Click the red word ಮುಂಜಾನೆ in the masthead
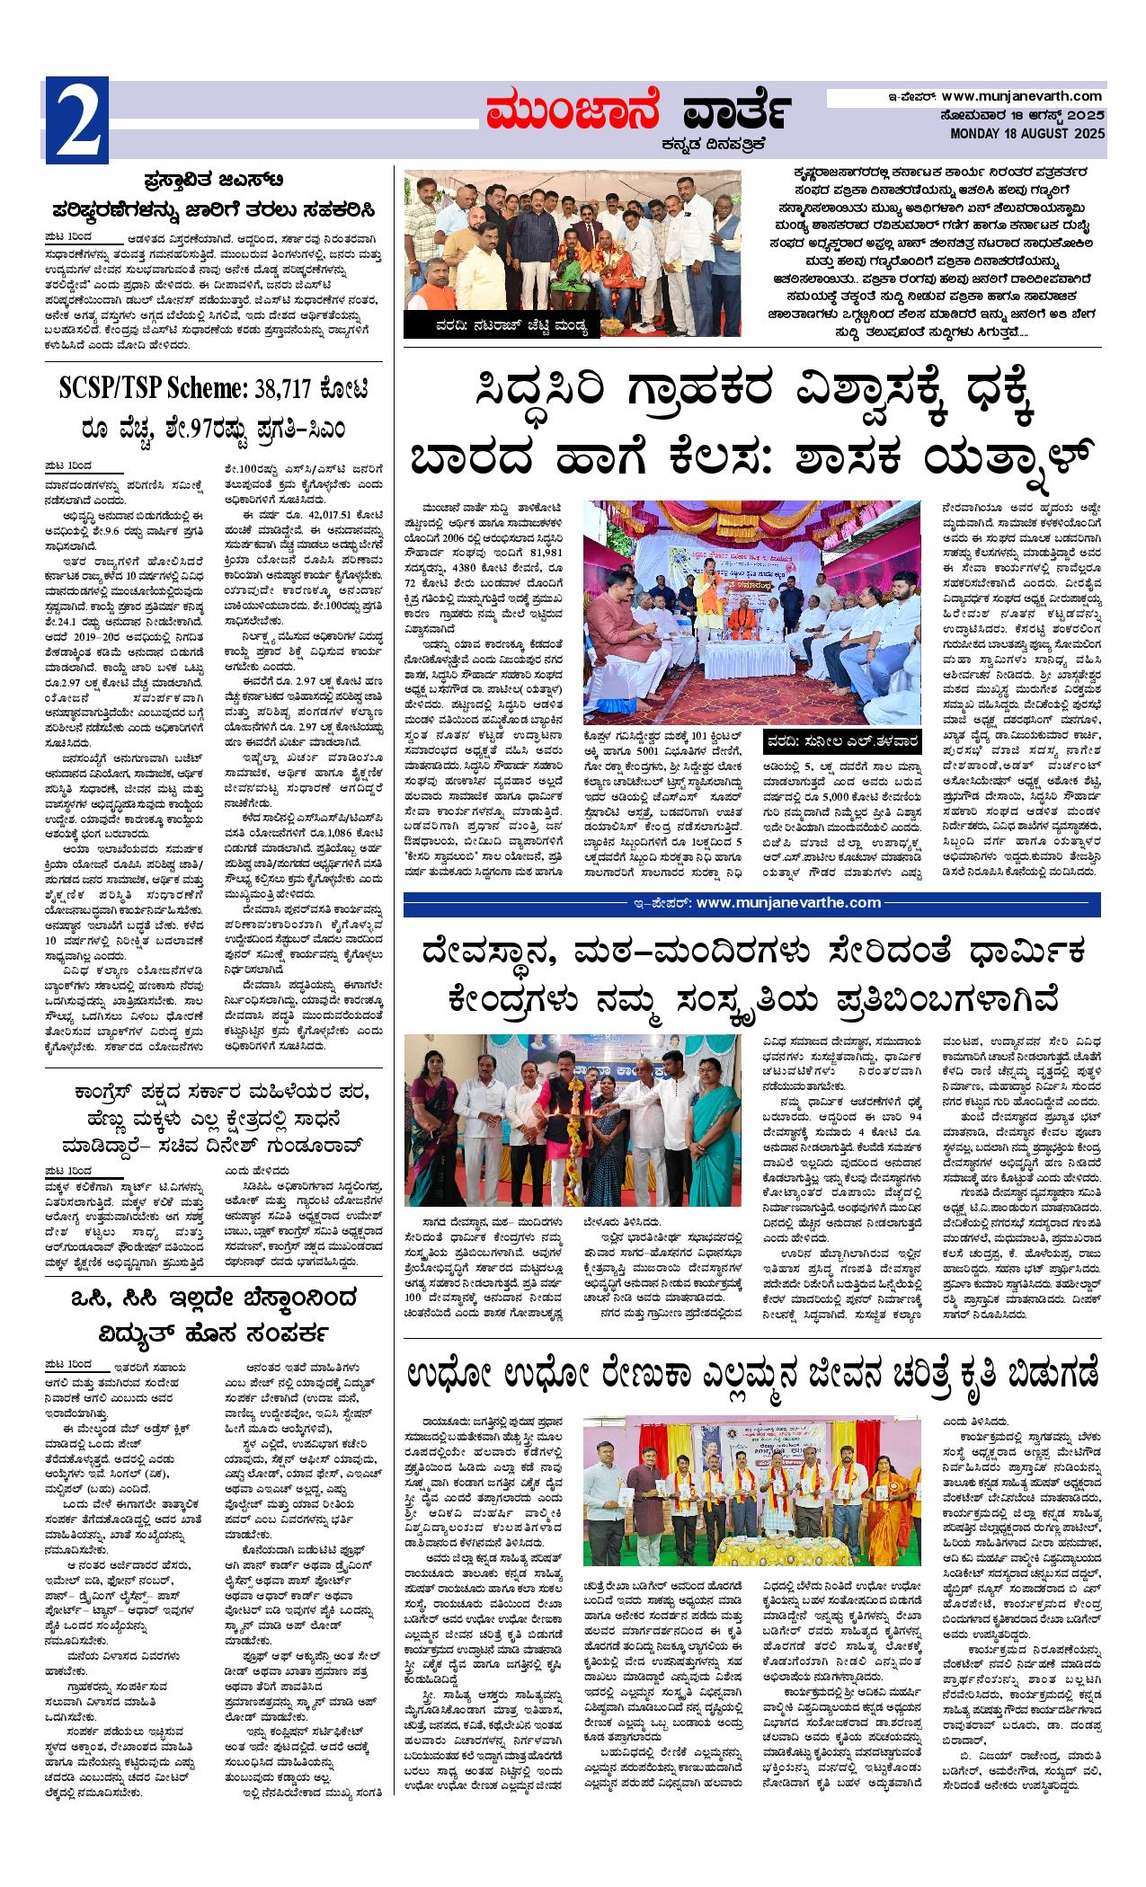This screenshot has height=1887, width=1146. click(x=572, y=112)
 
